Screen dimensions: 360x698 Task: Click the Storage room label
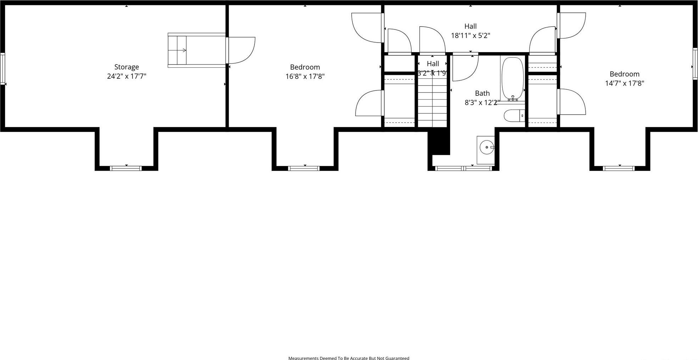[x=127, y=67]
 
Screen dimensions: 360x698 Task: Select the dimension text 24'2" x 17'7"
[x=127, y=76]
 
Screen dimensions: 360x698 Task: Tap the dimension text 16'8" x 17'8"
[x=305, y=76]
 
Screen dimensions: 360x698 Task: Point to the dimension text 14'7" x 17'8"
[x=624, y=83]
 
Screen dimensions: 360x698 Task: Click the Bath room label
[x=482, y=93]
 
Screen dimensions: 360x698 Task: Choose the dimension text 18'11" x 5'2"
[x=470, y=35]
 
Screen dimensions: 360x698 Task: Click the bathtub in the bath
[x=512, y=78]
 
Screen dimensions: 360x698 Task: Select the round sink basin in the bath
[x=486, y=147]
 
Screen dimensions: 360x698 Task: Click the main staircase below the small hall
[x=432, y=103]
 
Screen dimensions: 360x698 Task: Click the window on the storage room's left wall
[x=2, y=69]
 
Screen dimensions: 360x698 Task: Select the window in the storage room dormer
[x=126, y=168]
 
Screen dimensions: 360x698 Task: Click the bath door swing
[x=465, y=67]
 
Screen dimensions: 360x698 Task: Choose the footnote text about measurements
[x=348, y=358]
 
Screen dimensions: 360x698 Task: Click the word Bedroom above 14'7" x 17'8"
[x=624, y=74]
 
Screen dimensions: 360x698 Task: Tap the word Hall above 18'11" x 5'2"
[x=470, y=26]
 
